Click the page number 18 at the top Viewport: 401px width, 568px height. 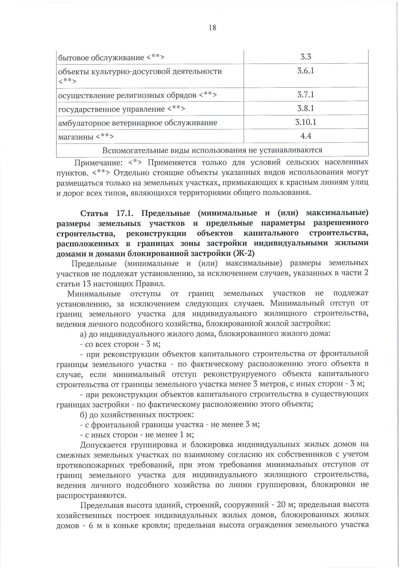(x=212, y=28)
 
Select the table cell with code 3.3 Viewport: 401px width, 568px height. (x=305, y=57)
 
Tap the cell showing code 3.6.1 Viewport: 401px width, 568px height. (x=305, y=71)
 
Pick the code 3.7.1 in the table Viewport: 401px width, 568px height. (x=305, y=95)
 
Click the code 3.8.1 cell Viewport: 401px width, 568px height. (x=305, y=108)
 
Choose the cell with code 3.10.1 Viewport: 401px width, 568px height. (x=305, y=122)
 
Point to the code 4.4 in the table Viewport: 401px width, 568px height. (x=305, y=136)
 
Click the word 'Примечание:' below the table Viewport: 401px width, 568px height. (x=98, y=163)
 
